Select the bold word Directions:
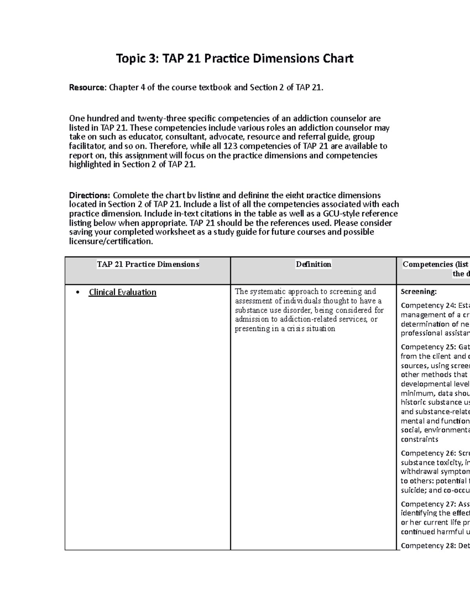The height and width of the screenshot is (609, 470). coord(89,195)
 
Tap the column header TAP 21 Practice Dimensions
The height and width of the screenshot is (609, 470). coord(148,264)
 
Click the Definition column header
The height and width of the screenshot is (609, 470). coord(313,264)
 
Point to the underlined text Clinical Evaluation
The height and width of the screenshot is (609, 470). coord(122,292)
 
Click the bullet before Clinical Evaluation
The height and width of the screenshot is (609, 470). coord(79,293)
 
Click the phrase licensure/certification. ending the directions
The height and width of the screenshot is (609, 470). coord(111,242)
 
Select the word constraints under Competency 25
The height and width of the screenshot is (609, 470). coord(419,440)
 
